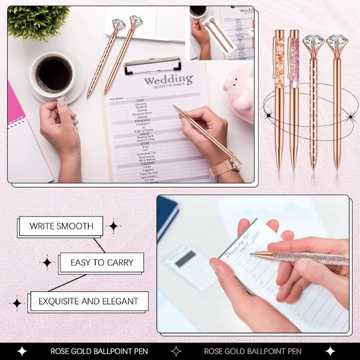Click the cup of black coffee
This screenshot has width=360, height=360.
53,75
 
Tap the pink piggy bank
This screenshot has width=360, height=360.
240,91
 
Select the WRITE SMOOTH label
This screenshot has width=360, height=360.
61,226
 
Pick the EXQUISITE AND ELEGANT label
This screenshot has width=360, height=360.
88,301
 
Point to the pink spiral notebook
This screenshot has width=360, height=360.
24,134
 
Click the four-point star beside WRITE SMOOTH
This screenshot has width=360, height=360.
113,226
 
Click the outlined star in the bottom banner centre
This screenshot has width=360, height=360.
176,351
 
